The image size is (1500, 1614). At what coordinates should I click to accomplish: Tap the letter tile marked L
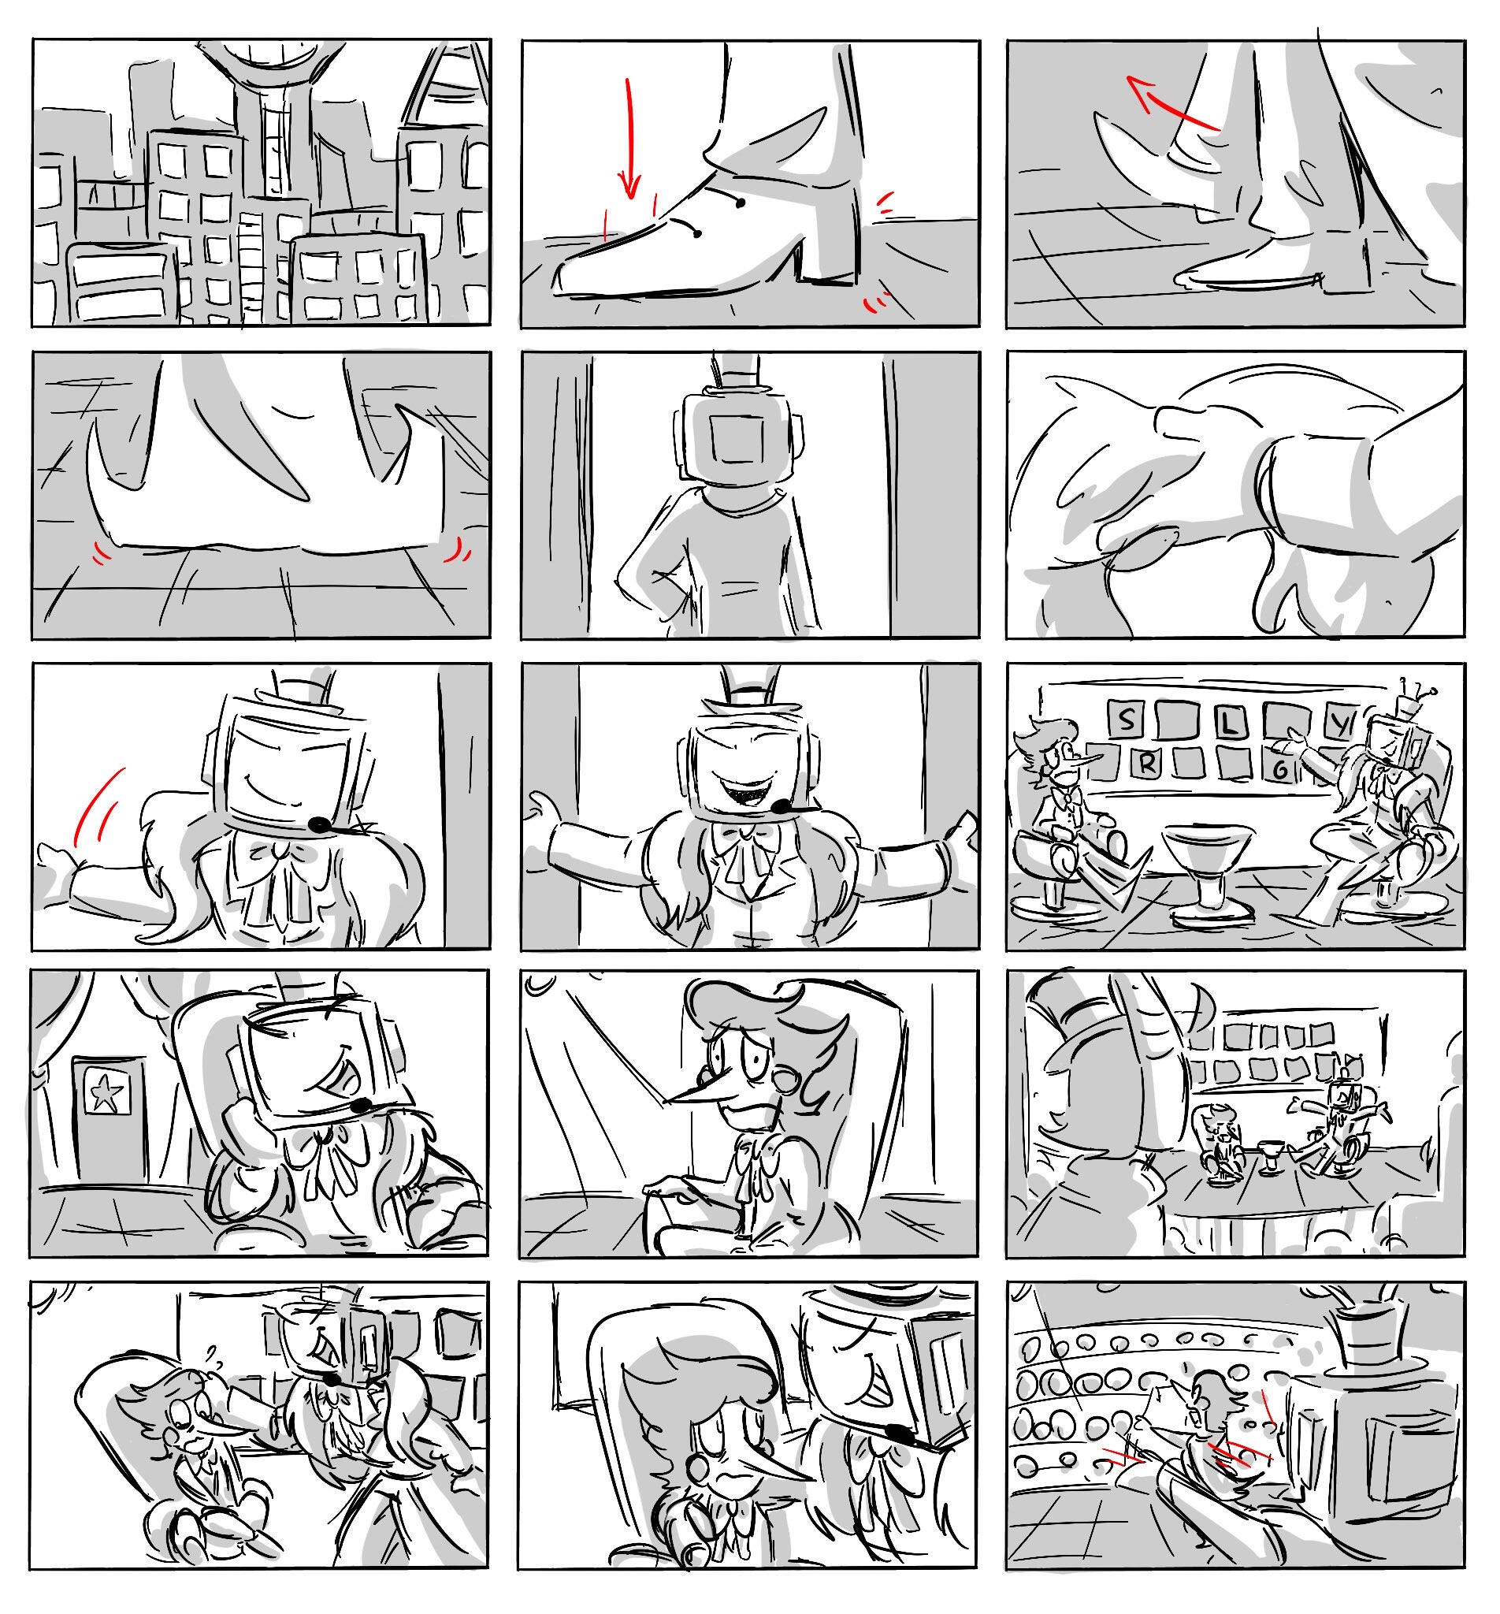pyautogui.click(x=1231, y=723)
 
